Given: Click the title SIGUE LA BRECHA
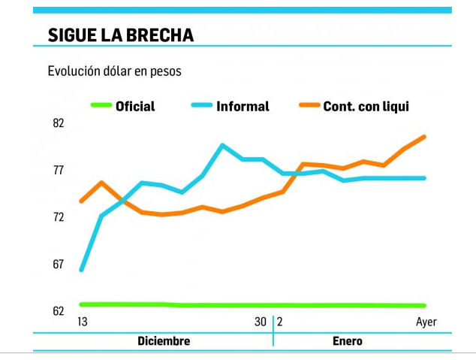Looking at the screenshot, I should (x=120, y=35).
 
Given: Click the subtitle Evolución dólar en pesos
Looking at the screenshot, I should (x=114, y=71).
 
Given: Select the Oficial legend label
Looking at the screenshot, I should (x=135, y=106).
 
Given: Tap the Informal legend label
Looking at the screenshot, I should (x=243, y=106).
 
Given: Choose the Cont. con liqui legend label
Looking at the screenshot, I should (x=366, y=106).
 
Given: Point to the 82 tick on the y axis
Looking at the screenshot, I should (x=59, y=123).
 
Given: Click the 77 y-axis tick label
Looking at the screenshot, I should (x=59, y=171).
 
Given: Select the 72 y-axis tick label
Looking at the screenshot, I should (x=59, y=217).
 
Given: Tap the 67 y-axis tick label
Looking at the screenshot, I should (x=59, y=265).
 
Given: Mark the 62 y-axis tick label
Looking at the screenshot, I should (x=59, y=310).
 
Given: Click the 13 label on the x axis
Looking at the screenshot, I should (x=83, y=322).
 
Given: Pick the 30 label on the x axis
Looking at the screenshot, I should (x=260, y=322).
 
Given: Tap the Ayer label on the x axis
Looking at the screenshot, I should (x=426, y=322).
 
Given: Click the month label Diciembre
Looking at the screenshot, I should (x=164, y=341).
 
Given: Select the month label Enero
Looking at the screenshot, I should (x=347, y=341).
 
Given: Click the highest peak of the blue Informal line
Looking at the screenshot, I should (x=222, y=145).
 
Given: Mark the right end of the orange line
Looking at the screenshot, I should (x=425, y=137).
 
